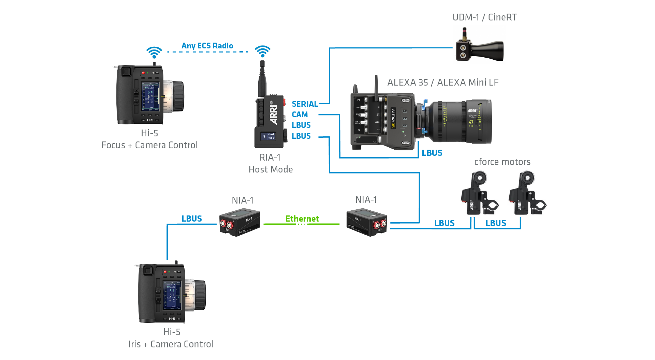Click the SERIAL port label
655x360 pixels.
coord(305,104)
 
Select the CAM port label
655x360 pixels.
coord(300,115)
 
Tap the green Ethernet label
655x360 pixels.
coord(302,219)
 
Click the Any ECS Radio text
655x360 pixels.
coord(207,46)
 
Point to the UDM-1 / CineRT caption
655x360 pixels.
coord(484,17)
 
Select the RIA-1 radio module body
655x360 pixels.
coord(270,121)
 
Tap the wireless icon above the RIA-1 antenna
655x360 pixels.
coord(263,51)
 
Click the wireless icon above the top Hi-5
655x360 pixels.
coord(154,52)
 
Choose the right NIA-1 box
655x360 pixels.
coord(367,223)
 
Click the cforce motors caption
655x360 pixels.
coord(502,162)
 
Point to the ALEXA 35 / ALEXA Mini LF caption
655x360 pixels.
coord(443,82)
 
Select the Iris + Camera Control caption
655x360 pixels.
coord(171,344)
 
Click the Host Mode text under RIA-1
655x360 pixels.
coord(271,169)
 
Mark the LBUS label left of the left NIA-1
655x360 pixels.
coord(191,219)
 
